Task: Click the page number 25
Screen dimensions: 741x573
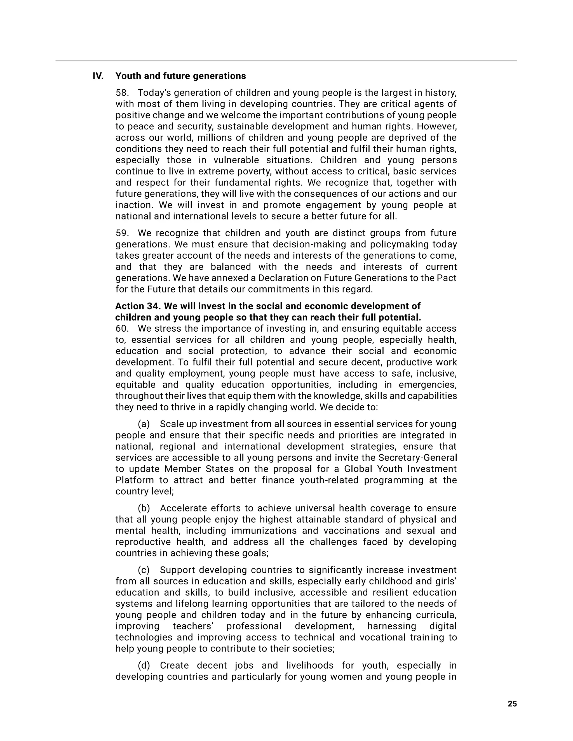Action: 512,704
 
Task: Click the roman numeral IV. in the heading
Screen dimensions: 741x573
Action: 98,76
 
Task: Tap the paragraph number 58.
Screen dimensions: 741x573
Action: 122,93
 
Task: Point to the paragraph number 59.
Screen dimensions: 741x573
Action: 122,233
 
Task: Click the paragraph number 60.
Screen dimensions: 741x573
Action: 122,329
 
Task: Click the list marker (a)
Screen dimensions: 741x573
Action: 144,424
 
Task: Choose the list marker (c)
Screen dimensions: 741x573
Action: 144,570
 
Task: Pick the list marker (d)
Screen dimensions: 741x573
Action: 144,665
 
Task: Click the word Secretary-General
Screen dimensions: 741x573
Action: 417,458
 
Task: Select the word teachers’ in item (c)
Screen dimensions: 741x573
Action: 192,626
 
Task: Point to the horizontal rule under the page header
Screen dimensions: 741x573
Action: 286,61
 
